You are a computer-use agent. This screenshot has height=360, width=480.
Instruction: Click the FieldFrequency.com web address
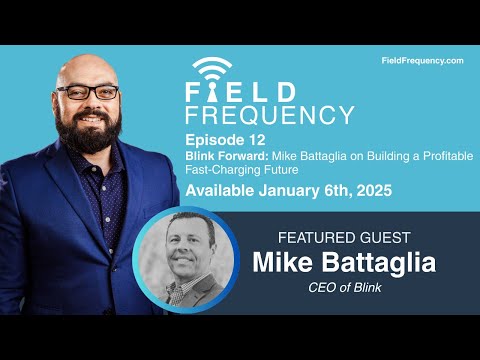tap(423, 61)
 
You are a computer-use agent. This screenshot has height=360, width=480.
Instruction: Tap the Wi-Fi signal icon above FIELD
tap(211, 66)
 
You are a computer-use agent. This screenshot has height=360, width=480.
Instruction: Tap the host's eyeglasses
tap(88, 92)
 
